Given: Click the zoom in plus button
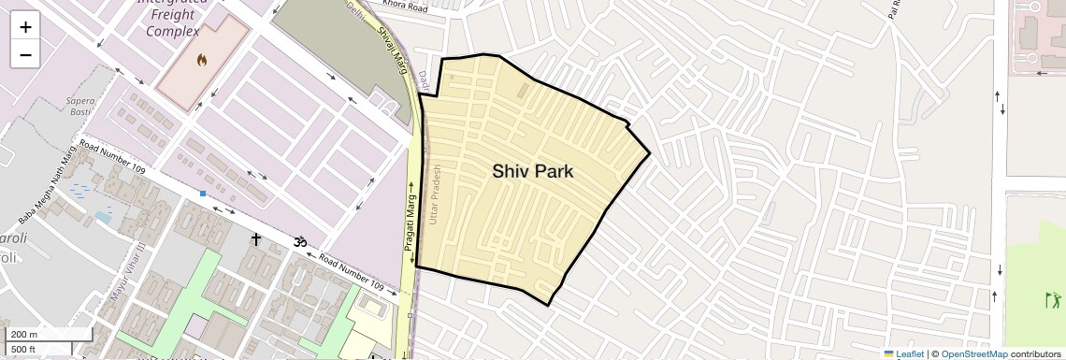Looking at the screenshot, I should [25, 27].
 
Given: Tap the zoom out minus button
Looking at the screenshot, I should [25, 55].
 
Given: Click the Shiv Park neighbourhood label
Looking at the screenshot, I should [532, 171].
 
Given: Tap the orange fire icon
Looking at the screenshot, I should [201, 60].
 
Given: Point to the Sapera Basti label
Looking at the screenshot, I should [80, 104].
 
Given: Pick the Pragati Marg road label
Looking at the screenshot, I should [409, 217].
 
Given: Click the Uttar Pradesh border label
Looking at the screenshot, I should [433, 195].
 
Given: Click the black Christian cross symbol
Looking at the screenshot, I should [255, 240].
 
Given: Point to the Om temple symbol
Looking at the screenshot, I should [300, 241].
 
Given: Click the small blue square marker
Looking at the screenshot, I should [202, 194].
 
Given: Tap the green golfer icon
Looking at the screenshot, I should [1054, 300].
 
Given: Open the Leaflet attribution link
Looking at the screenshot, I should [903, 353].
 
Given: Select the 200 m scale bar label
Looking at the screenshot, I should [24, 334].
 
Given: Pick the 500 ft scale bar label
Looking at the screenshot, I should [24, 349].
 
